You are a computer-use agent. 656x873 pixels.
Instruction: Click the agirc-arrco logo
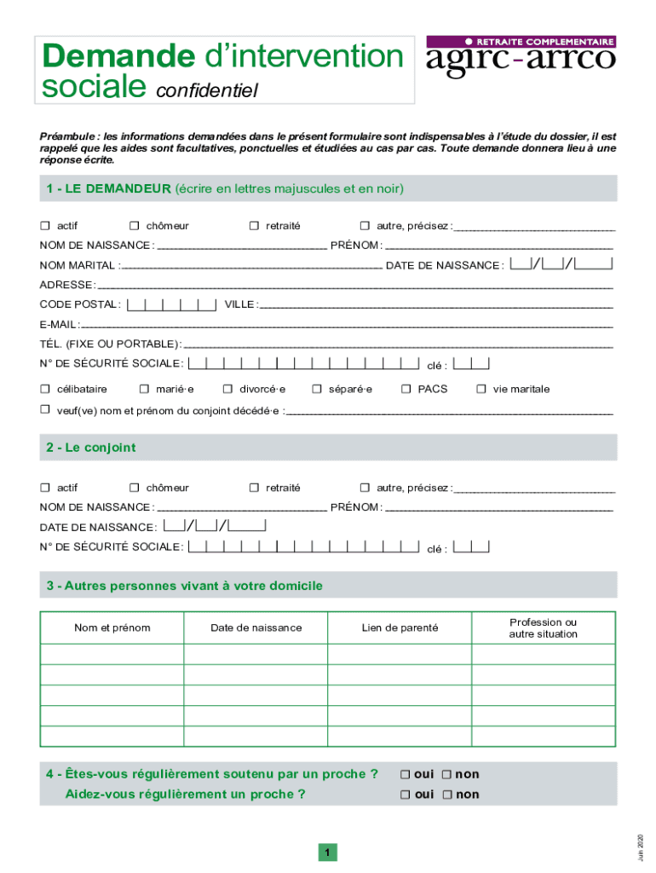(x=520, y=58)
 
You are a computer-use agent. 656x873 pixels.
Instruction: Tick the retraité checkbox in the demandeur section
(x=254, y=226)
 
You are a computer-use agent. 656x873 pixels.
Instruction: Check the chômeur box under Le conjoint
(x=135, y=488)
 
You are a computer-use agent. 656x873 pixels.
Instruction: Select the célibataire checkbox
(x=45, y=389)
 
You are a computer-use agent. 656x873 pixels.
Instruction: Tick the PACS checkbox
(x=406, y=389)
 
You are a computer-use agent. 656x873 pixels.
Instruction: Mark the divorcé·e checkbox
(x=227, y=389)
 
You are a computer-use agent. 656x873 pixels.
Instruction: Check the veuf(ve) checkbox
(x=45, y=409)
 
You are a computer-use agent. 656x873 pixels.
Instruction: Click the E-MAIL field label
(x=59, y=325)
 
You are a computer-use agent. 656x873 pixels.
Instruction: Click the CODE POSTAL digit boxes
(x=170, y=304)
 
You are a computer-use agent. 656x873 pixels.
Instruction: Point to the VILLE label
(x=239, y=304)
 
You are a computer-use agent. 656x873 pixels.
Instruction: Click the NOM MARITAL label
(x=79, y=265)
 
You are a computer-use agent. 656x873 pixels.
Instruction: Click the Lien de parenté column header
(x=400, y=627)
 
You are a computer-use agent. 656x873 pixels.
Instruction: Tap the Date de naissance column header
(x=256, y=627)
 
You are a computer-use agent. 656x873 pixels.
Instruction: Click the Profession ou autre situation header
(x=543, y=627)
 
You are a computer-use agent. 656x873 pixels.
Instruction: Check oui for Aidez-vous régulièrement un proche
(x=406, y=795)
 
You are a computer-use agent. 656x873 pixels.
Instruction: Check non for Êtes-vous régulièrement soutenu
(x=446, y=774)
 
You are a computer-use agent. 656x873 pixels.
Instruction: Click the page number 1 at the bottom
(x=327, y=853)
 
